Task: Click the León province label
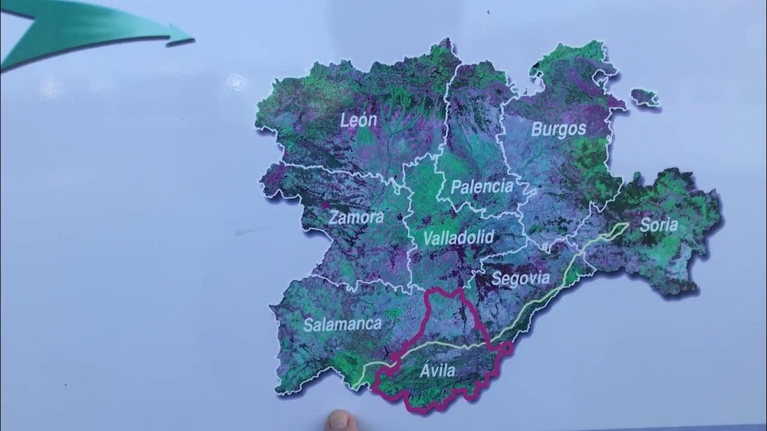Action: (359, 120)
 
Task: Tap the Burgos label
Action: (558, 129)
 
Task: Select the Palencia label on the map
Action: (482, 187)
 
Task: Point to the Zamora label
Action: (356, 217)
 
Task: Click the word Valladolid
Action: (458, 238)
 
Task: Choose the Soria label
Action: (659, 225)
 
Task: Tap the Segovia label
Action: (520, 278)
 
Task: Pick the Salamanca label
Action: (342, 324)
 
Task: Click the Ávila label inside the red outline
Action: (437, 371)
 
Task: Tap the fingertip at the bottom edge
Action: (340, 421)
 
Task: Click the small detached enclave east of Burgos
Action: (645, 97)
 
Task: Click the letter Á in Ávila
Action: (425, 370)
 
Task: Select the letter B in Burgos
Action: (537, 130)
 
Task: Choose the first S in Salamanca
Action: (308, 325)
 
